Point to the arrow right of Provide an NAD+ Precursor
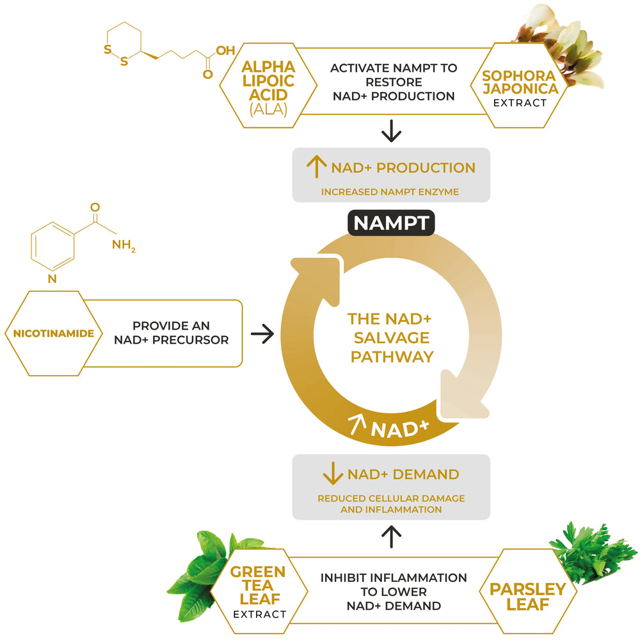[262, 333]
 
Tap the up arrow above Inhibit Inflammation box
[391, 536]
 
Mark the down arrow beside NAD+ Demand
[333, 474]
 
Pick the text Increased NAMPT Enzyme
[390, 191]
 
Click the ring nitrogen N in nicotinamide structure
[52, 278]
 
